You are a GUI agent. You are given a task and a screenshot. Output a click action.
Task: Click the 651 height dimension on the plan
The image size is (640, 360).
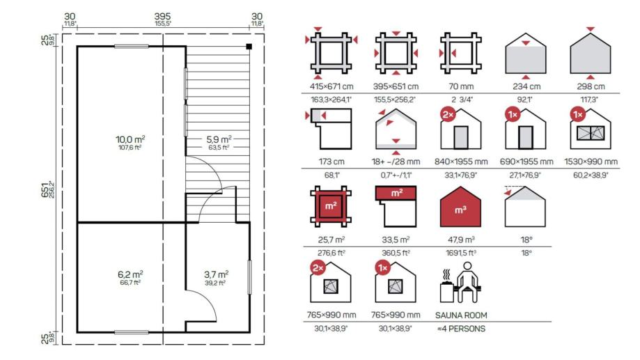tap(45, 189)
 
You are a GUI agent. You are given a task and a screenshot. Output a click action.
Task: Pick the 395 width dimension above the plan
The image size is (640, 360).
tap(162, 16)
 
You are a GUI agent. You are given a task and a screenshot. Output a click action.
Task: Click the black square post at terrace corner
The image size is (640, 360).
tap(249, 47)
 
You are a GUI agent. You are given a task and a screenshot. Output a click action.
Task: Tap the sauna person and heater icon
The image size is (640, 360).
tap(460, 283)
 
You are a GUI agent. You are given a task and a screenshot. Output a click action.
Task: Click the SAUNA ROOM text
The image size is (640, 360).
tap(461, 315)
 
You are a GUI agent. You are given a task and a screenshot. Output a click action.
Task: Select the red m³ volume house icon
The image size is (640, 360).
tap(460, 207)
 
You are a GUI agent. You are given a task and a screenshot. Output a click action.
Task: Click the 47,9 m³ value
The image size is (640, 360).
tap(461, 240)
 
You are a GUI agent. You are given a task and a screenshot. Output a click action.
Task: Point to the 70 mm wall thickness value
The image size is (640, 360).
tap(461, 86)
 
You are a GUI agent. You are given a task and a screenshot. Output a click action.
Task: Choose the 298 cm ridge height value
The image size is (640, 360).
tap(591, 86)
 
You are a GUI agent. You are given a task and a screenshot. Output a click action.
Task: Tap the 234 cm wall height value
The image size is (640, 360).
tap(526, 86)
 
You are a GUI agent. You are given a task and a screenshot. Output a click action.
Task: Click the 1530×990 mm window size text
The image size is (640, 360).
tap(591, 162)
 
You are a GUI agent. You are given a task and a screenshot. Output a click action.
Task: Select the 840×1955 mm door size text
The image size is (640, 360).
tap(461, 162)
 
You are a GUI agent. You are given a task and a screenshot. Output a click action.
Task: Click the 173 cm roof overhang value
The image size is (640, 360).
tap(331, 162)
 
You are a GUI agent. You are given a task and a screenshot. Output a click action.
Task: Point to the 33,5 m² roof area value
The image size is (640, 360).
tap(396, 240)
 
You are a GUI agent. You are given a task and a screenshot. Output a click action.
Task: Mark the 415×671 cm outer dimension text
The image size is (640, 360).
tap(331, 86)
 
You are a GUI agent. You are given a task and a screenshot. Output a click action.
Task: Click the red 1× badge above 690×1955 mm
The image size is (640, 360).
tap(513, 115)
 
